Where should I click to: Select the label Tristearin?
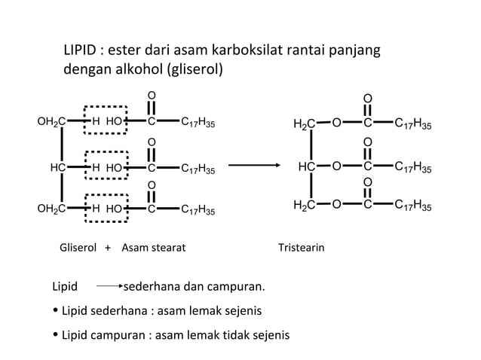301,247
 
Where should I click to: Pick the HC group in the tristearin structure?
306,166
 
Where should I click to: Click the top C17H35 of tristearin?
413,124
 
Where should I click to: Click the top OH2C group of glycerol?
51,121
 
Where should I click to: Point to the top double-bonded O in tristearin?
367,99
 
